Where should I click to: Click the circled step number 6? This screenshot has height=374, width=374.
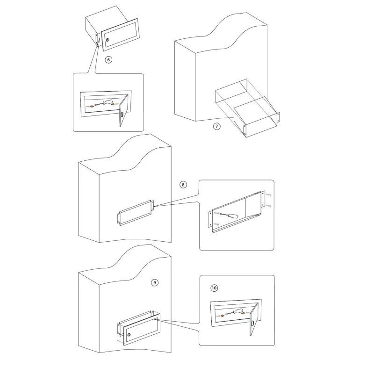coord(108,60)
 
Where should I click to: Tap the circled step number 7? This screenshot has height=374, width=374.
coord(216,126)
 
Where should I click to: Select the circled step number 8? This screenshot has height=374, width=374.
coord(183,185)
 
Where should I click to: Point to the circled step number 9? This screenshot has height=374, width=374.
coord(155,283)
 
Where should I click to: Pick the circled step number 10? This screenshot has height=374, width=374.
coord(214,288)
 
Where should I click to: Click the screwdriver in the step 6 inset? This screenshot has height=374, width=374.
coord(104,103)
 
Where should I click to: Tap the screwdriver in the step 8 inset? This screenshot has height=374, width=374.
coord(229,216)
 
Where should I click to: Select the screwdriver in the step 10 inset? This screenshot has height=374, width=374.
coord(233,311)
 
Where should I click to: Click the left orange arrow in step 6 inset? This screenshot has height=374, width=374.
coord(92,106)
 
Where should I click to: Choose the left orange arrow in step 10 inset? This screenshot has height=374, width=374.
coord(222,316)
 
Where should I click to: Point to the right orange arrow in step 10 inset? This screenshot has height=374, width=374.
coord(243,312)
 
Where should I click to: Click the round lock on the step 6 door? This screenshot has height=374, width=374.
coord(108,40)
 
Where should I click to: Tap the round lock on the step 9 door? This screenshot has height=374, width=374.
coord(129,335)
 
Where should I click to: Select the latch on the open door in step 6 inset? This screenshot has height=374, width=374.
coord(122,115)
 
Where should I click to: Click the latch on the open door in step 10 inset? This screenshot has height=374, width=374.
coord(252,324)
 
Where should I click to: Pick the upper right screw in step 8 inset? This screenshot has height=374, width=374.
coord(268,195)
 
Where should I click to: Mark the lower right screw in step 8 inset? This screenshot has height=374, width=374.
coord(268,206)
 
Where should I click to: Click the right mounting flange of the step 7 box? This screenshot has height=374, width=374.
coord(278,117)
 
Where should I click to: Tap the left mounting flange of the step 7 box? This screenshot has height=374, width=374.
coord(245,131)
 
